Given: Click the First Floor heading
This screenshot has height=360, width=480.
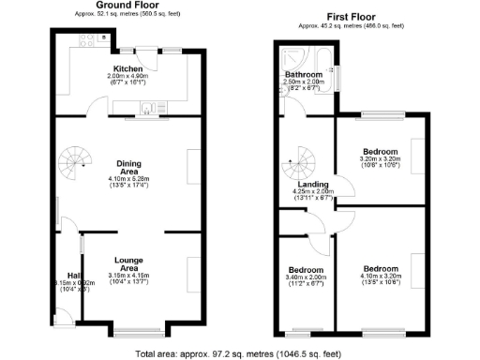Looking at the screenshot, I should (x=352, y=17).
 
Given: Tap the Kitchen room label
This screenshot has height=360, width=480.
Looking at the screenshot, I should (x=127, y=69).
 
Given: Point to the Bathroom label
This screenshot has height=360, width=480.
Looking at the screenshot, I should (x=304, y=73).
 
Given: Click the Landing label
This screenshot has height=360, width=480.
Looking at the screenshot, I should (x=306, y=184).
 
